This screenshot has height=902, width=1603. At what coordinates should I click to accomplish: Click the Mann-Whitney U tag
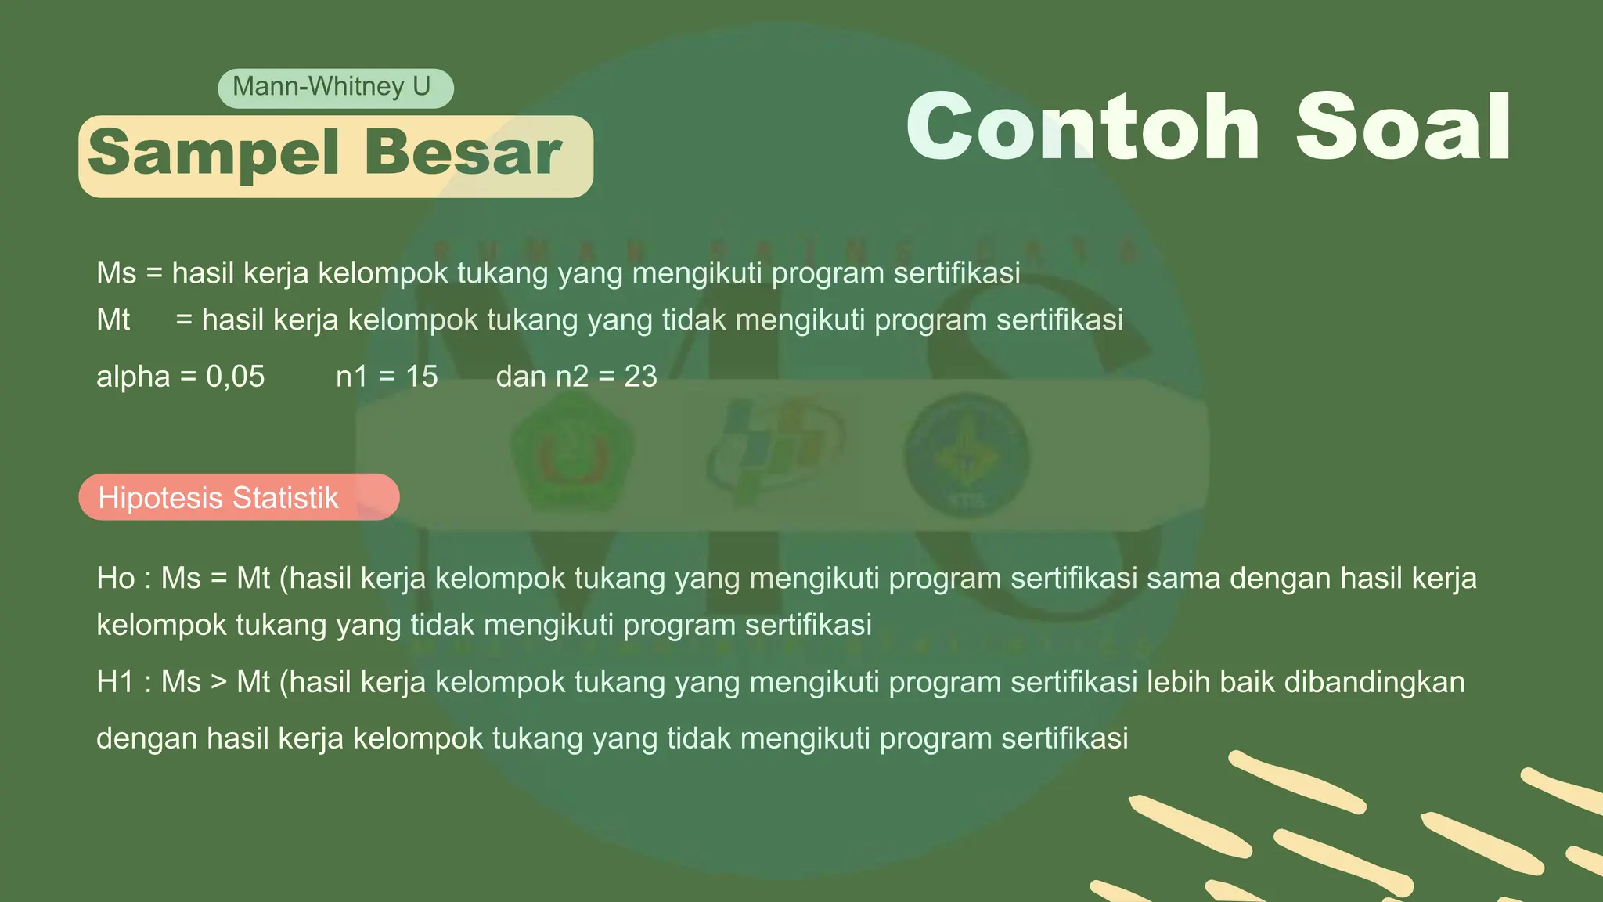335,87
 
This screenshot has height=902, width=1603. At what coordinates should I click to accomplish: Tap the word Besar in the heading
463,153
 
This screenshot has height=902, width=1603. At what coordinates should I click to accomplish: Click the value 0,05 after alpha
235,377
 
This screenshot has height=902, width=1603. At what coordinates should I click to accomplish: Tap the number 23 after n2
640,377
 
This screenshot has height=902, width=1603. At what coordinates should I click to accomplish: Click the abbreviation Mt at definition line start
113,320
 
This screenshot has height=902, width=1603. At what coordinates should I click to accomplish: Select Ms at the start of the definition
116,273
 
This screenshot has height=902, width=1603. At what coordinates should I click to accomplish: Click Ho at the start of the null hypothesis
116,579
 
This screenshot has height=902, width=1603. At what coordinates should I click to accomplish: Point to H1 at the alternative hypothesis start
116,682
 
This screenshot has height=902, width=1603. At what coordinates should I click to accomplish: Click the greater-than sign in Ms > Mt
218,683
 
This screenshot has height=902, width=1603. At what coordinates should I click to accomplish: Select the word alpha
133,377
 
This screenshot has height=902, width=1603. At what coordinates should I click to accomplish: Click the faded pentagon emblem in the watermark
571,453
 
